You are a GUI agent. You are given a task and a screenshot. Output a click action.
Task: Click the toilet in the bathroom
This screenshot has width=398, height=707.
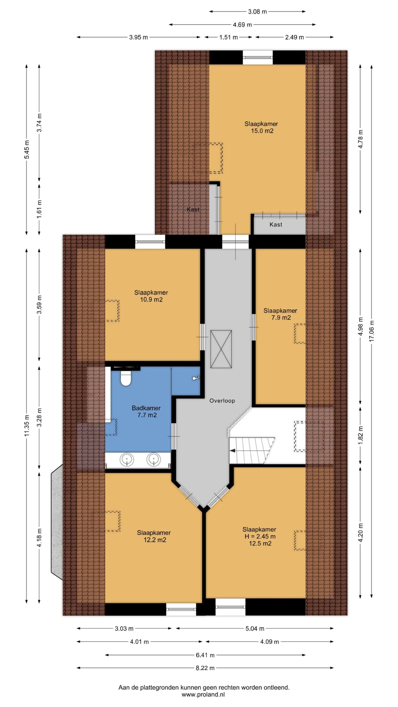126,378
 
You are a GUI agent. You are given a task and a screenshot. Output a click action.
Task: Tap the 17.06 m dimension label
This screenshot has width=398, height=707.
372,331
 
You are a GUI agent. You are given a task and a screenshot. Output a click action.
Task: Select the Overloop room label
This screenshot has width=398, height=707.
222,401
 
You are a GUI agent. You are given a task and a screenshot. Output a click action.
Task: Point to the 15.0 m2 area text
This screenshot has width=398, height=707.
262,131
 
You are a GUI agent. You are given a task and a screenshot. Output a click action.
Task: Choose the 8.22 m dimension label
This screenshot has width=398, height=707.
205,668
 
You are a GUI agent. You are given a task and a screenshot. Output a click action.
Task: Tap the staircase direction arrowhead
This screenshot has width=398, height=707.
232,451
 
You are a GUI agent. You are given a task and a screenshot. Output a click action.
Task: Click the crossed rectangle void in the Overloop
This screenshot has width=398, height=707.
221,349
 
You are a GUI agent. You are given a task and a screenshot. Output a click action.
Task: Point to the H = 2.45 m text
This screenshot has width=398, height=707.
260,536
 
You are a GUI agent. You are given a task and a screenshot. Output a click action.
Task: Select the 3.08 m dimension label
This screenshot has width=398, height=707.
257,12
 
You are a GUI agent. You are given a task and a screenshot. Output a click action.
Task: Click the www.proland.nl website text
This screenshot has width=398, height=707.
203,695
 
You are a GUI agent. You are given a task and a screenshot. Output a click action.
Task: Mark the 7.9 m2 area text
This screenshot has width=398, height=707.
281,318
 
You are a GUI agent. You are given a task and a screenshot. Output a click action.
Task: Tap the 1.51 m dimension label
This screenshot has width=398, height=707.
229,37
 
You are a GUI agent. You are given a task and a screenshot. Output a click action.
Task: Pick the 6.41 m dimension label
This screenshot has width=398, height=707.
205,655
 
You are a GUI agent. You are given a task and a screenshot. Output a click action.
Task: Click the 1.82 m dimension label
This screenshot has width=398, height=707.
361,436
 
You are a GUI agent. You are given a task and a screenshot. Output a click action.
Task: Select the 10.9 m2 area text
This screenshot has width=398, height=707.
151,300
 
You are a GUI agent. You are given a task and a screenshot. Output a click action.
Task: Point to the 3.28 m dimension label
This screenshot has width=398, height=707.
39,417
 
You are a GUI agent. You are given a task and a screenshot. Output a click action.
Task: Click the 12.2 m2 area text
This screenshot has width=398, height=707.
155,540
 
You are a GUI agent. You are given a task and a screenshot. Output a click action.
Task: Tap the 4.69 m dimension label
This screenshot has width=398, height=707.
242,25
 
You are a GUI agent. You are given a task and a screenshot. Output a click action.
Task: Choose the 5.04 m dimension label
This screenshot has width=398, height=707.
255,629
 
